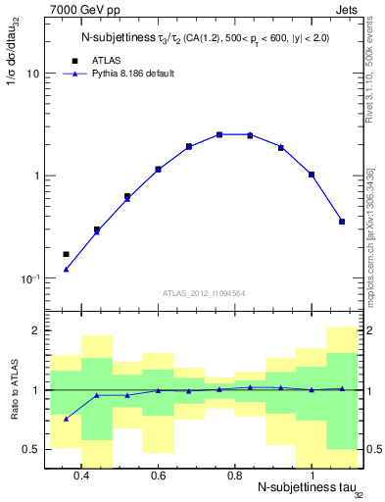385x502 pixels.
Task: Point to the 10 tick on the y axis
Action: (x=32, y=74)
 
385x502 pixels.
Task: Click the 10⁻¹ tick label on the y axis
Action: (x=28, y=278)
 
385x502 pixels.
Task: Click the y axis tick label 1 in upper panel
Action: (x=35, y=176)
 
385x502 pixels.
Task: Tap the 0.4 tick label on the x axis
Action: (x=81, y=477)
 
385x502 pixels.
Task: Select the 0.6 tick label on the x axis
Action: (x=158, y=477)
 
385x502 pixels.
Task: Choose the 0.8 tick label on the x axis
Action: (x=234, y=477)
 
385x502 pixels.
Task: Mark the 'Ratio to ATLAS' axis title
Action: (x=11, y=389)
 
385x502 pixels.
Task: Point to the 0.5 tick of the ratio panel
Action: (x=30, y=449)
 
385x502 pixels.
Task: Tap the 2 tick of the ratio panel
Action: (x=35, y=330)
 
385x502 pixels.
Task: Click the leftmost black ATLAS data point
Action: (x=66, y=254)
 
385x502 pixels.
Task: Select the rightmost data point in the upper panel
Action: (x=342, y=222)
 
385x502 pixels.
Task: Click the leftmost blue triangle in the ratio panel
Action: (x=66, y=419)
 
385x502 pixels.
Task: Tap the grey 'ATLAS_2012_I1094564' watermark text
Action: (x=203, y=292)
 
